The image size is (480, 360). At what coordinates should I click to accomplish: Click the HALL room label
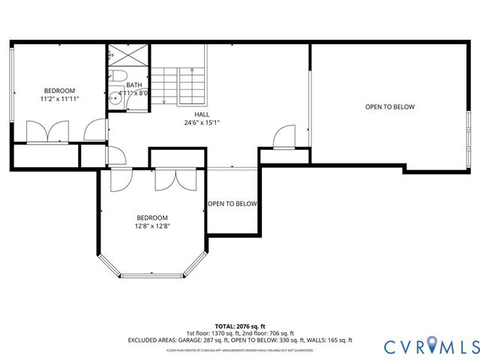201,114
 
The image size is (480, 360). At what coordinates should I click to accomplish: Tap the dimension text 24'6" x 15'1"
201,122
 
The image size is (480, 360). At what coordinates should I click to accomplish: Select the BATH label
134,85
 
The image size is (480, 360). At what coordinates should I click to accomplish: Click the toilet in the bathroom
117,77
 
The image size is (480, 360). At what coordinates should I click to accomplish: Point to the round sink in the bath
114,96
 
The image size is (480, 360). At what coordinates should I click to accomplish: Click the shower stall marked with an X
119,56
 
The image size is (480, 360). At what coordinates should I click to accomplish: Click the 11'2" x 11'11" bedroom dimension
59,98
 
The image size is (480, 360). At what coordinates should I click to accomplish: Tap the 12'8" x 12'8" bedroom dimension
152,226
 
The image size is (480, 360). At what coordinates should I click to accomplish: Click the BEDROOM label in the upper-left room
59,90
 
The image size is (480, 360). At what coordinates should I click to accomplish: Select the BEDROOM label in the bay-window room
152,217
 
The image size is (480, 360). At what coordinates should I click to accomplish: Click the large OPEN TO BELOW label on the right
389,107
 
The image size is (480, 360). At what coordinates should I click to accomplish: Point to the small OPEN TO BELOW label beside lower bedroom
232,204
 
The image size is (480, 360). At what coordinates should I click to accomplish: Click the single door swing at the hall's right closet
283,138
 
